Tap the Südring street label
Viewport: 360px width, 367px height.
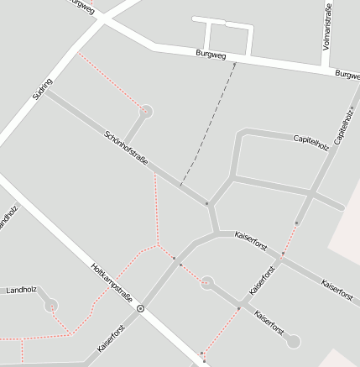41,89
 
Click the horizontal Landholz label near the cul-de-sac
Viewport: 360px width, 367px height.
21,291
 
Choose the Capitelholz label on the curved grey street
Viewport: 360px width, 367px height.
310,144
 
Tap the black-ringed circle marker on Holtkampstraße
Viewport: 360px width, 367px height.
140,308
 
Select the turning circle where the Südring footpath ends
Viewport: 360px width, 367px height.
147,111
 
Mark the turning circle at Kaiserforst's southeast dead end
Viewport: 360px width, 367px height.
293,341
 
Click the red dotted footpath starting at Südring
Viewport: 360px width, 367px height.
110,81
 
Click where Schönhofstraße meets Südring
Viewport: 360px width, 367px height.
47,92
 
